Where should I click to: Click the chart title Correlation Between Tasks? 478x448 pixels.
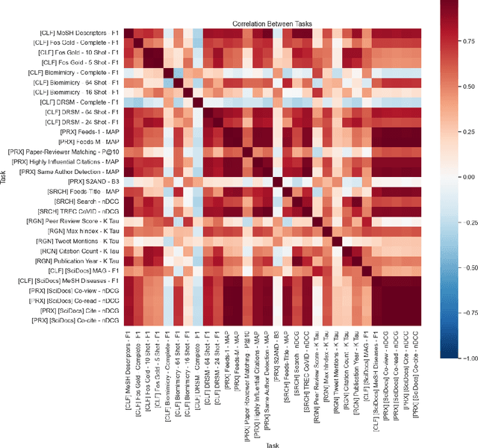coord(272,24)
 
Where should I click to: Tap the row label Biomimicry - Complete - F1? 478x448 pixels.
coord(75,73)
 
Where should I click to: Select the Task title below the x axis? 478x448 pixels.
coord(272,443)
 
